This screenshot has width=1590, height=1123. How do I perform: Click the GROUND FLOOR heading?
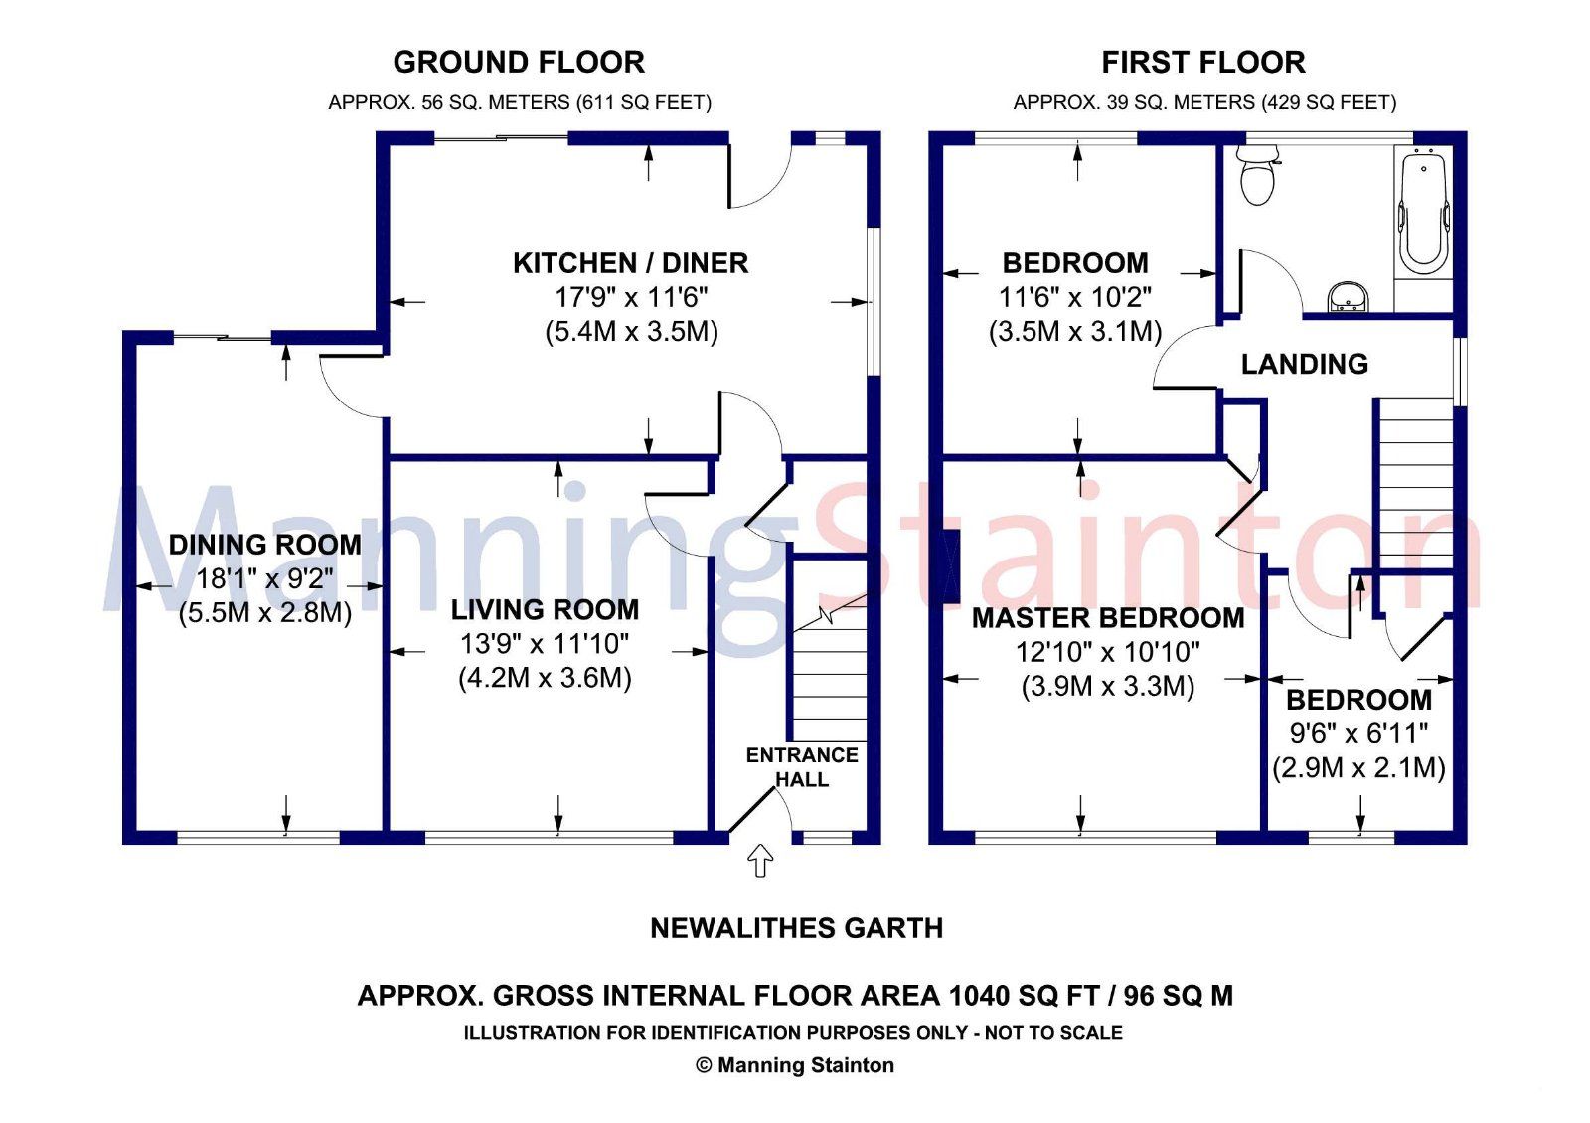(519, 63)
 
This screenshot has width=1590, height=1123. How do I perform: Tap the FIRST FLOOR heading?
(1202, 63)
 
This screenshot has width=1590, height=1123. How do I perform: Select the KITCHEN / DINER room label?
(630, 263)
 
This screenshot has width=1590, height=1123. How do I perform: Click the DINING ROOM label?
(264, 545)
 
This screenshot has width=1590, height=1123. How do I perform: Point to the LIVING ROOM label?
(545, 609)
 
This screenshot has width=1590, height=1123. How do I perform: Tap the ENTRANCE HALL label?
(802, 767)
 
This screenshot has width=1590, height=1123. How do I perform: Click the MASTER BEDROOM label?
(1107, 618)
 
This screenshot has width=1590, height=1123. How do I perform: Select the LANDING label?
(1304, 365)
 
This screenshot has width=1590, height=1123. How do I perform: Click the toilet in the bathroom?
(1257, 175)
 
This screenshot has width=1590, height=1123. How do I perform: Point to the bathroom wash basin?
(1348, 296)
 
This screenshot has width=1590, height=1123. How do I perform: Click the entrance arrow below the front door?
(760, 860)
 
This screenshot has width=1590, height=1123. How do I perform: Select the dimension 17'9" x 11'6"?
(630, 297)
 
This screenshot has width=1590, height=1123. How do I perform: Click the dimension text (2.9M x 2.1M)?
(1358, 767)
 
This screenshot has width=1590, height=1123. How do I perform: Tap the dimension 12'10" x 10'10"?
(1107, 652)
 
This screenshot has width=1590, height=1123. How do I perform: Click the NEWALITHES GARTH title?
(796, 928)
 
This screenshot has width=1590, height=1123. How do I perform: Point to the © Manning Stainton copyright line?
(794, 1065)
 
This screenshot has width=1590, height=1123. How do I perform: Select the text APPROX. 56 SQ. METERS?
(448, 102)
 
